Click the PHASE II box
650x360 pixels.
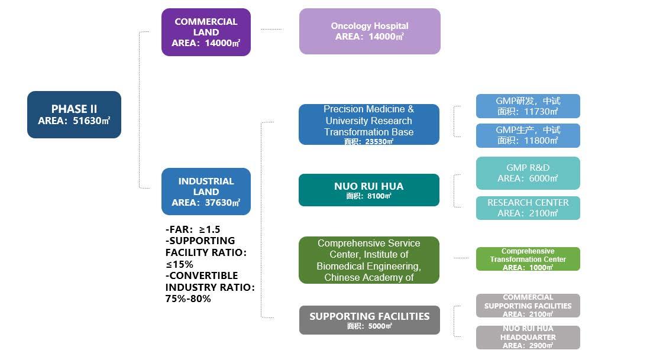[x=74, y=115]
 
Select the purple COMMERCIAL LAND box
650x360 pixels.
[x=206, y=33]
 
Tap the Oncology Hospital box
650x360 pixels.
[x=370, y=31]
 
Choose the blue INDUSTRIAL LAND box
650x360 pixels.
[x=206, y=192]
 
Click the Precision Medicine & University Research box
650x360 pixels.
[x=369, y=124]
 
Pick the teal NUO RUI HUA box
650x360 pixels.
[x=369, y=190]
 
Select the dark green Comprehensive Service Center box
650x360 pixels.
[x=369, y=260]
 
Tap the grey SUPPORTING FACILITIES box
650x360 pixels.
[x=369, y=320]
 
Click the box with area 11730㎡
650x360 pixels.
[x=528, y=106]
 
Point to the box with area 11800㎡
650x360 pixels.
[x=528, y=135]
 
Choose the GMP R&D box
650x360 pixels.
[x=528, y=173]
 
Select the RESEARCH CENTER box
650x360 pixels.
[x=528, y=208]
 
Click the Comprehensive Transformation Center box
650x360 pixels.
[x=528, y=259]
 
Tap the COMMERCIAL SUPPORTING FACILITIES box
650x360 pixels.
[x=528, y=306]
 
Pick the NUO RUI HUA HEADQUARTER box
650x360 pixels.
[x=528, y=337]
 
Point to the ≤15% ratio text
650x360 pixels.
[x=179, y=264]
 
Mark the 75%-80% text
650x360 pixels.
[x=188, y=299]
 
